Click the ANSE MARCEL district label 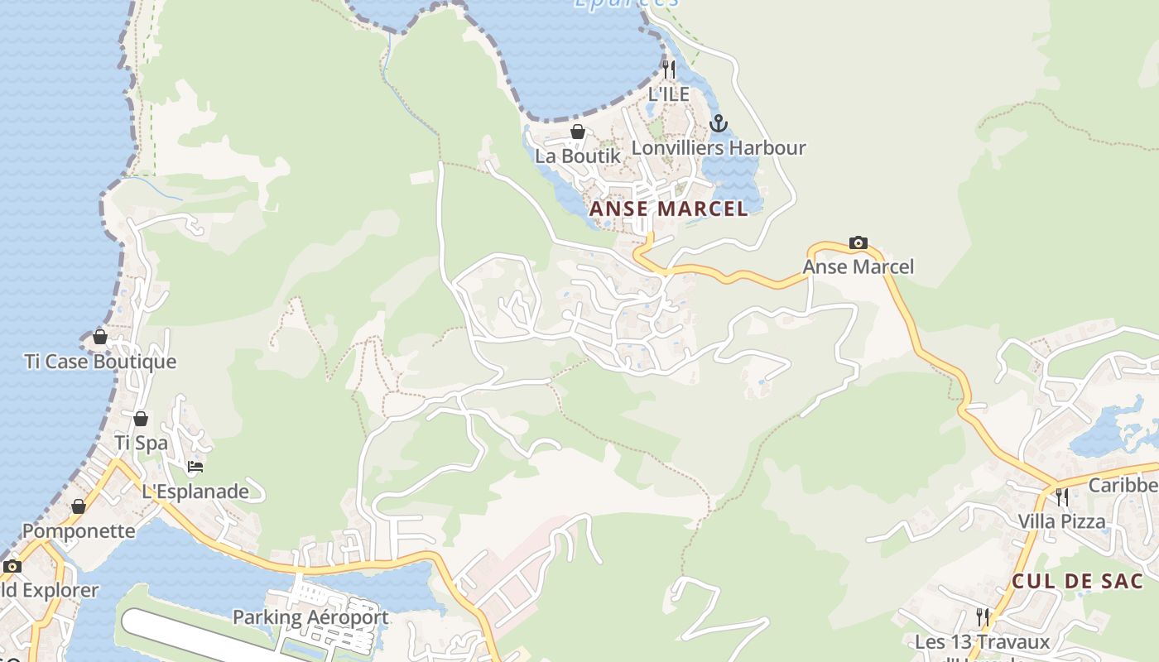[668, 209]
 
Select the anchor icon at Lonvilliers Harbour [719, 124]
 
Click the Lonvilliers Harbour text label [719, 148]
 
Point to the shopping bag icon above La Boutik [578, 132]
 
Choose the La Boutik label [577, 156]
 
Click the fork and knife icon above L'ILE [669, 69]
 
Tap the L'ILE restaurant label [669, 94]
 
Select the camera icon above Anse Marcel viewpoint [858, 242]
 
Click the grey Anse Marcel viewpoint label [858, 266]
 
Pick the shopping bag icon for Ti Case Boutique [100, 337]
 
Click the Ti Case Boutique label [100, 362]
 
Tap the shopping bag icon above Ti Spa [141, 419]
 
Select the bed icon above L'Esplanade [195, 467]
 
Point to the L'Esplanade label [195, 492]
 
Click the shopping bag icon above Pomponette [79, 506]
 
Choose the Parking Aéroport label [310, 617]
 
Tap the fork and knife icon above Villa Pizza [1062, 496]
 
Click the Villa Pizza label [1062, 521]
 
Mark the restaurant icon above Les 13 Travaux [983, 616]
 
